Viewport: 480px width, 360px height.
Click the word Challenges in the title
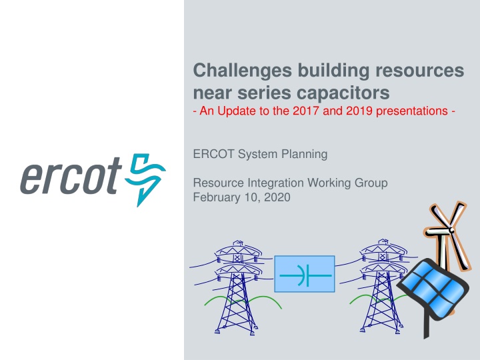[243, 71]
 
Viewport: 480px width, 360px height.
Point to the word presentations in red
[412, 111]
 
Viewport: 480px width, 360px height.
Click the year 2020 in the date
[277, 197]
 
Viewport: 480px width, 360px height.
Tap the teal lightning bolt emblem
[145, 179]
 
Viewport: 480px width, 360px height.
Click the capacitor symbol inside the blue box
[305, 275]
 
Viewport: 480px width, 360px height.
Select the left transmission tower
[236, 288]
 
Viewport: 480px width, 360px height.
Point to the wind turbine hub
[451, 230]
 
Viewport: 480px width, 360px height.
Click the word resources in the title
[420, 71]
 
